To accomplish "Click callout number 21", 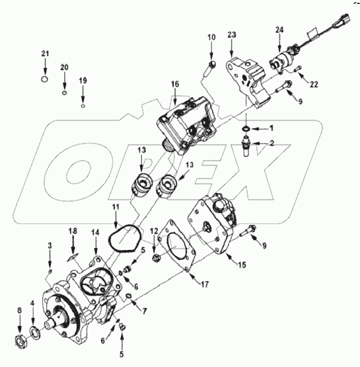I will click(45, 54).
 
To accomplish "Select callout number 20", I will click(64, 67).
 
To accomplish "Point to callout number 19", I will click(83, 81).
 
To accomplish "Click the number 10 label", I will click(211, 38).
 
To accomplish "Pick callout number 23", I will click(233, 34).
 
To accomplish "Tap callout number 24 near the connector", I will click(279, 30).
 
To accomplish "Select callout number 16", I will click(175, 85).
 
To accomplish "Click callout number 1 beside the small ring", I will click(270, 127).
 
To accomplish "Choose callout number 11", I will click(115, 208).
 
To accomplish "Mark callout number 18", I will click(74, 231).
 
